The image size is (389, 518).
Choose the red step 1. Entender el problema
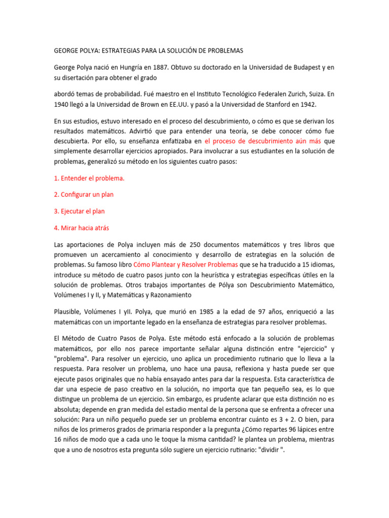point(89,179)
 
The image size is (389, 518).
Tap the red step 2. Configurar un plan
point(83,195)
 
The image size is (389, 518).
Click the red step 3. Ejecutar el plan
point(79,211)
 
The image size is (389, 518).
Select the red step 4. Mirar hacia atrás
point(81,228)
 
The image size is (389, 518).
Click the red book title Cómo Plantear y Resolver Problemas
point(185,265)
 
